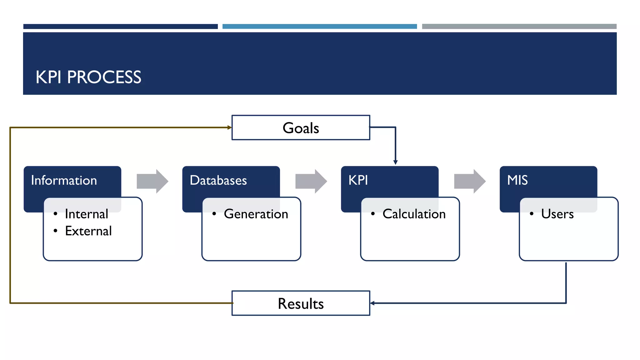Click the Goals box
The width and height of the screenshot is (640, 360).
coord(301,127)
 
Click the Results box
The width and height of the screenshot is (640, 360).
coord(301,303)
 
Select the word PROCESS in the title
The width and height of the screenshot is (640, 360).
coord(104,77)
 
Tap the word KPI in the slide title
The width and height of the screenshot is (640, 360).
coord(48,77)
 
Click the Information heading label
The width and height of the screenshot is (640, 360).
coord(64,180)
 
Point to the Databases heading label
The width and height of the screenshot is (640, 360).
coord(218,180)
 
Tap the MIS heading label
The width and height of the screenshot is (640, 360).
coord(517,180)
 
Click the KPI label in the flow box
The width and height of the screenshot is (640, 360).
coord(358,180)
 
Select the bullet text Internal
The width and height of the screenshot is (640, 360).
coord(87,214)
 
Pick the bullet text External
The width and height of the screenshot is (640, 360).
coord(88,231)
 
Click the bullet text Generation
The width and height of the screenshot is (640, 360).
coord(256,214)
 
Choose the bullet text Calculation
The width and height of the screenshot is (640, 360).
coord(414,214)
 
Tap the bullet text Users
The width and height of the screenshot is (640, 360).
coord(557,214)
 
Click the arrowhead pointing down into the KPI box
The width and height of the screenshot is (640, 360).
coord(395,162)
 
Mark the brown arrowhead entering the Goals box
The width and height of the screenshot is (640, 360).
coord(230,127)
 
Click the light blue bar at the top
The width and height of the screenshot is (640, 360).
coord(319,27)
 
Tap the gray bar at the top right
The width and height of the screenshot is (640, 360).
coord(519,27)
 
